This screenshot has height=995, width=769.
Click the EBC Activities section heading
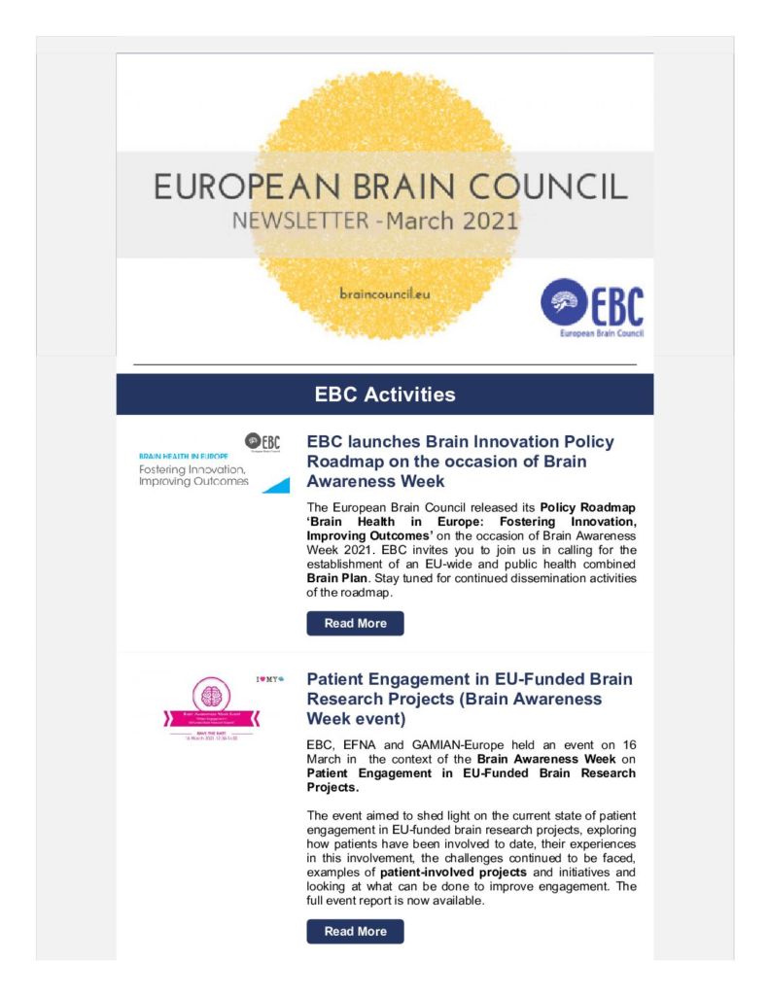click(384, 395)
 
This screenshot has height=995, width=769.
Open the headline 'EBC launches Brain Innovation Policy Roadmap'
click(460, 461)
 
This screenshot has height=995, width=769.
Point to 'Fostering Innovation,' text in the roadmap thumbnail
click(194, 469)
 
